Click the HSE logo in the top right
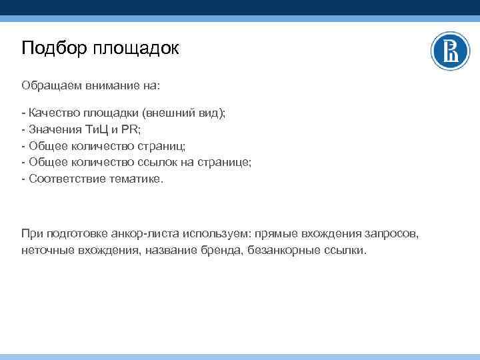coord(450,51)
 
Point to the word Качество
coord(52,113)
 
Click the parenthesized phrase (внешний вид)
coord(187,113)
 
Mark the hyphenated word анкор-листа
coord(135,233)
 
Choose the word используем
coord(209,233)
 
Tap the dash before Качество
coord(23,113)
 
